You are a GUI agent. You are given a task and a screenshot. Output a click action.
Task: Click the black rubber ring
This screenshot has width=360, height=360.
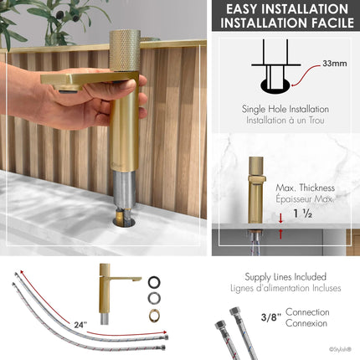[154, 282]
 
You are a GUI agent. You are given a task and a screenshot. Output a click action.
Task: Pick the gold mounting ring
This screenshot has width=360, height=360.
[154, 315]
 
